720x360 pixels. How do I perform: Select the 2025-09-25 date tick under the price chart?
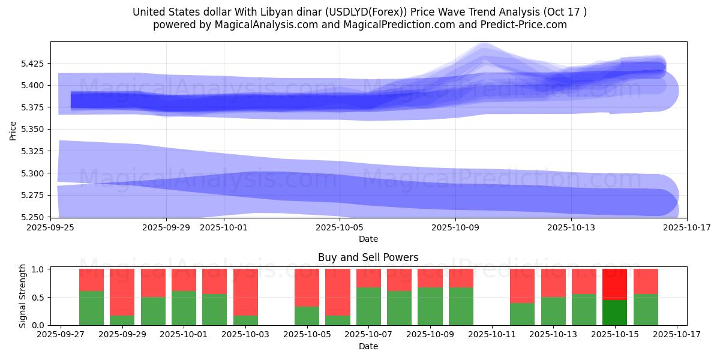50,227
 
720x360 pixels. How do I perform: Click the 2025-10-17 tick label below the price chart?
687,227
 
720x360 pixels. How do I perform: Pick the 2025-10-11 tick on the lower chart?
492,335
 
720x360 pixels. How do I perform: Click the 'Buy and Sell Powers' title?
368,257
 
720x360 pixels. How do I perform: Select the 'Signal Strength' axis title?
23,296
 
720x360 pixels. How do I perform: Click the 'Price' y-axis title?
13,130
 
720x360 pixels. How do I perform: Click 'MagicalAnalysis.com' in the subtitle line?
267,25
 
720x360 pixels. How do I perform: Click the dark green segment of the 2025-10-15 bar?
614,312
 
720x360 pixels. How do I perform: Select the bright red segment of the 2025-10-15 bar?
614,284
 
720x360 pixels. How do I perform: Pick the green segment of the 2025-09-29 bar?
122,320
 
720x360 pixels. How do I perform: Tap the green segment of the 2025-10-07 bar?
368,306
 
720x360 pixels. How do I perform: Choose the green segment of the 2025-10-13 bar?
553,311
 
